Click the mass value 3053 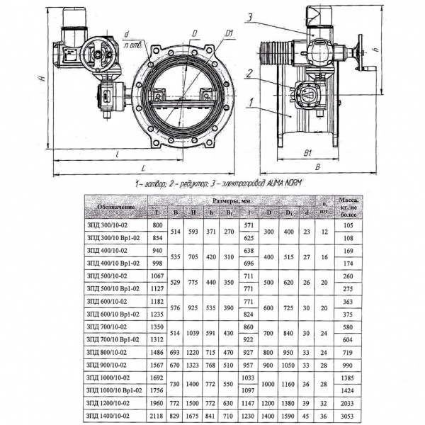click(347, 417)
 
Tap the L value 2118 click(158, 417)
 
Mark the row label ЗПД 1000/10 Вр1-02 click(112, 390)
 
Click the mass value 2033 click(347, 404)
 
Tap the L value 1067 click(158, 276)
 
